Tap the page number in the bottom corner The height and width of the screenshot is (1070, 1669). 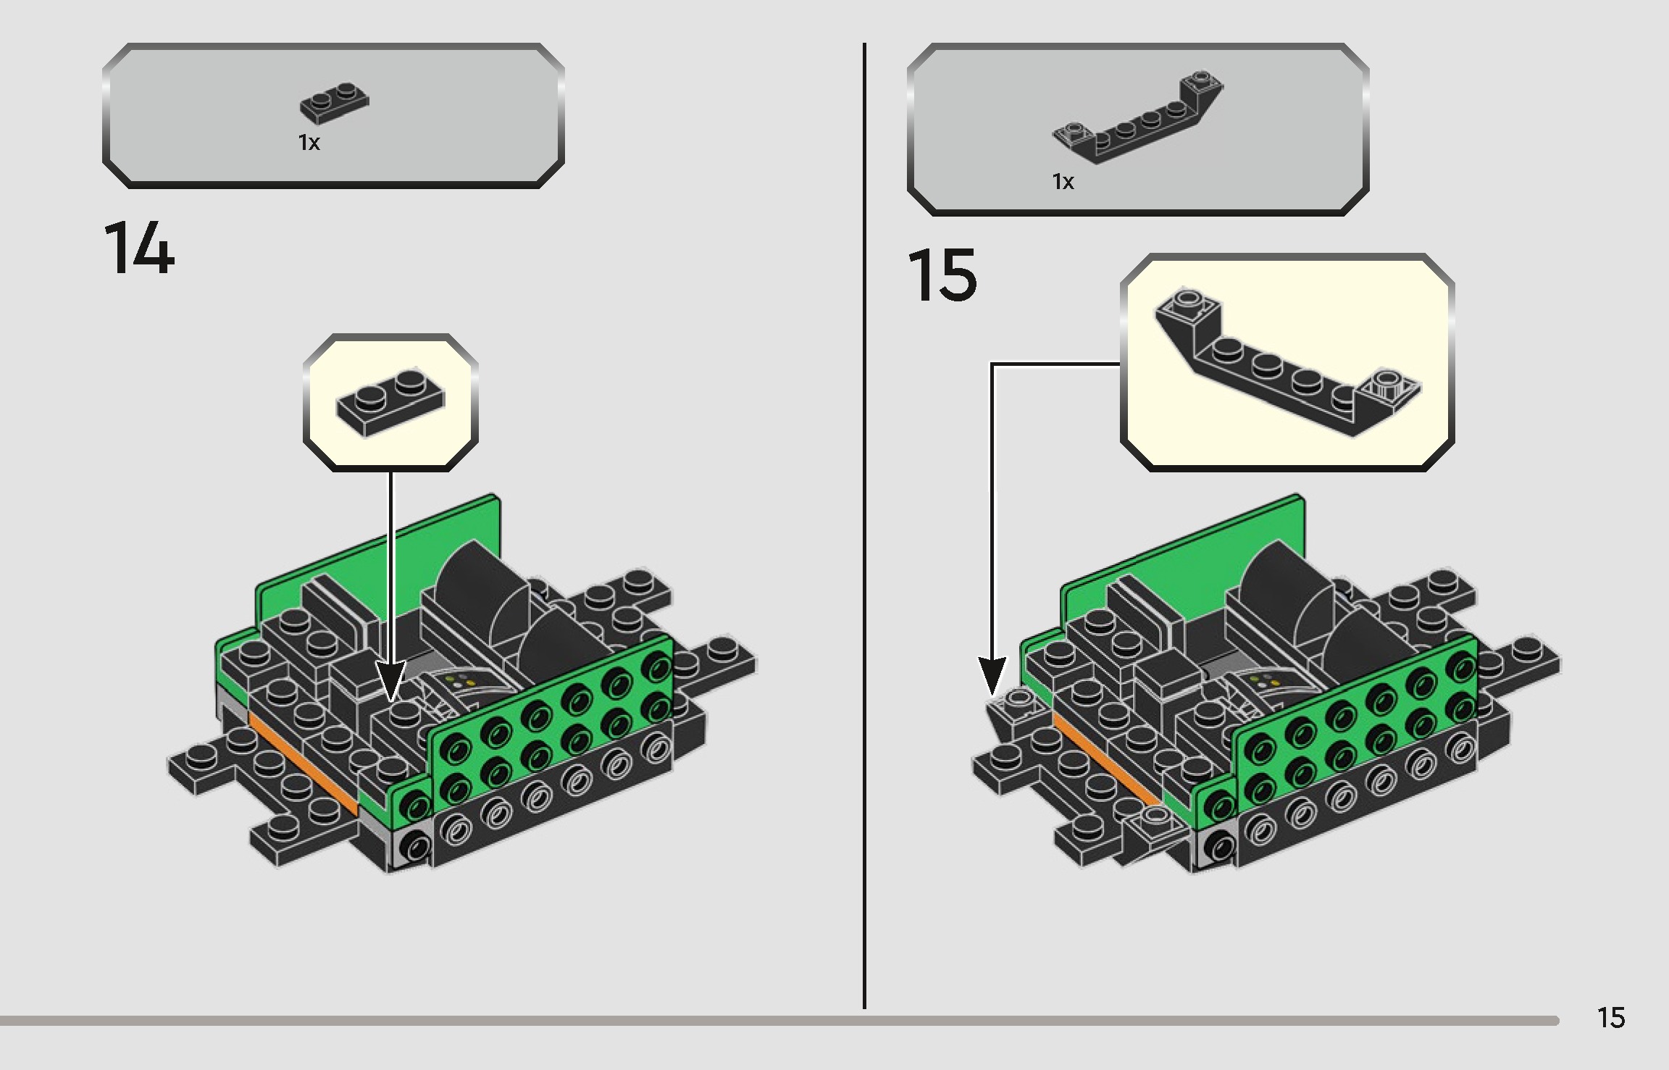coord(1610,1018)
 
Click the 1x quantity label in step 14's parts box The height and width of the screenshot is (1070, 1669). coord(309,143)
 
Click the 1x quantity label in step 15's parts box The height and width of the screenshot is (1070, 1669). coord(1063,181)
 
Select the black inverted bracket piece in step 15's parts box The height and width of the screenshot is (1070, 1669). coord(1137,123)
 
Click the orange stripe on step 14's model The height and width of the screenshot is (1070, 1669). coord(304,761)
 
